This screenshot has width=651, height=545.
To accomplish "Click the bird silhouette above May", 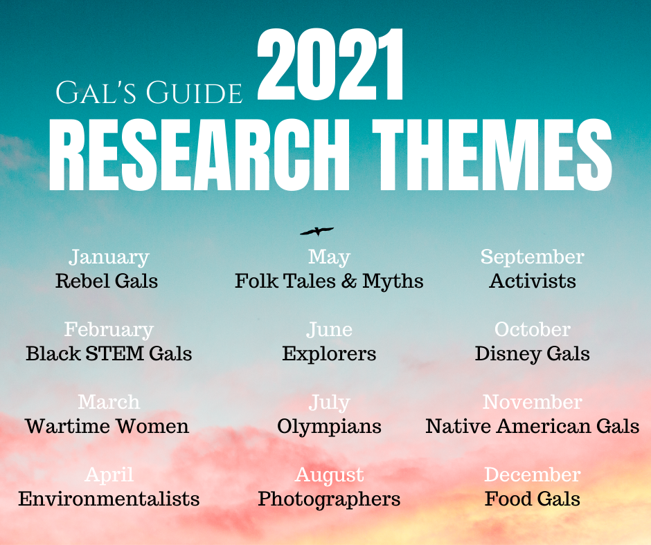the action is point(316,231).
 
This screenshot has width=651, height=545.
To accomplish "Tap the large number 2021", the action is point(330,65).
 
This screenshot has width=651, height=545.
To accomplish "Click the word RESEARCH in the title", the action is point(199,155).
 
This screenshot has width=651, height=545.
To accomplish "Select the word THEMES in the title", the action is point(492,155).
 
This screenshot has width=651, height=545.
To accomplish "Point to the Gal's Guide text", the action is point(149,93).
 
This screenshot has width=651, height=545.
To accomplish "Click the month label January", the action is point(109,257).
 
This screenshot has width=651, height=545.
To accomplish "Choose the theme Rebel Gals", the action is point(107,281).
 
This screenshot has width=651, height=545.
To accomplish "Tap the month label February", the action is point(109,330).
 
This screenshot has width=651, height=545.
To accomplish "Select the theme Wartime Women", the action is point(107,426).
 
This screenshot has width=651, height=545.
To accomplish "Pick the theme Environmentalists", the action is point(109,499).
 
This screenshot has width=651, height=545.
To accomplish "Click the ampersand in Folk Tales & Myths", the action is point(349,281).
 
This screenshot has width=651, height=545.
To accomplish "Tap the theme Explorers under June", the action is point(329,354).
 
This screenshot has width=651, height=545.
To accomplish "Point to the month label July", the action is point(329,403).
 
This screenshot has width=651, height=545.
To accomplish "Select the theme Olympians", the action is point(329,427).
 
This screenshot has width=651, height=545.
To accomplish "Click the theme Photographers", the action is point(329,499).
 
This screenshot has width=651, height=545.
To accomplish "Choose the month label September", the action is point(533,257).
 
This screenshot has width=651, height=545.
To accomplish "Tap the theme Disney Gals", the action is point(533,354).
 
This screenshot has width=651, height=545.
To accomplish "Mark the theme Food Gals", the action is point(533,499).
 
